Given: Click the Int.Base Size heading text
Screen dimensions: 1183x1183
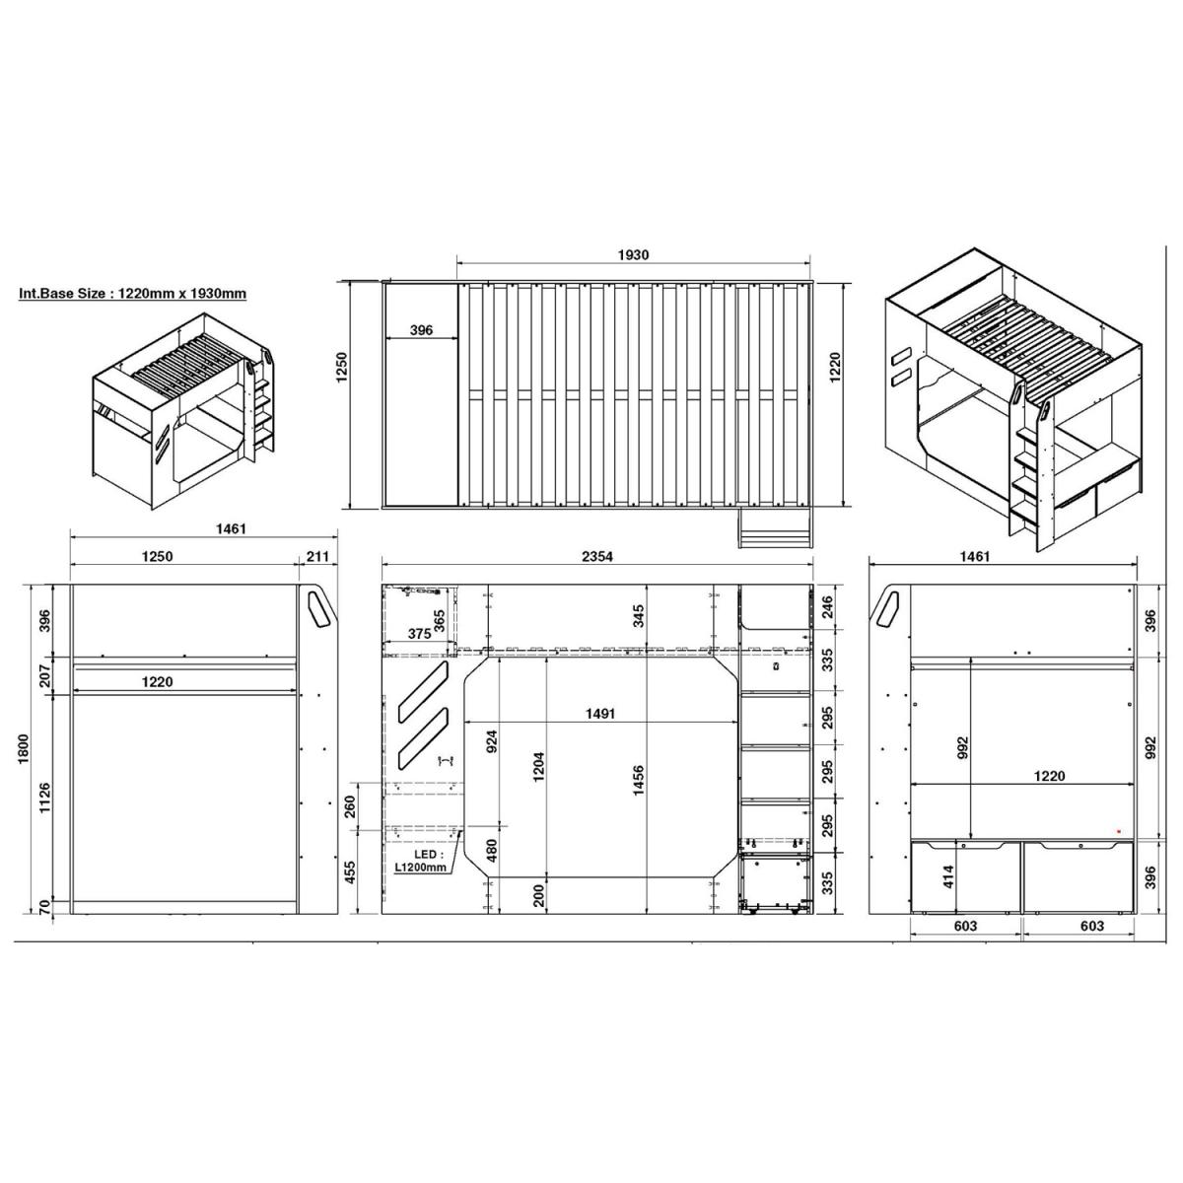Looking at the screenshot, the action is [133, 294].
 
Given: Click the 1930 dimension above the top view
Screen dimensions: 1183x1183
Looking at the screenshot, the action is [633, 254].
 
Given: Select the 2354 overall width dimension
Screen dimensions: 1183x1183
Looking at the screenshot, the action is [597, 556].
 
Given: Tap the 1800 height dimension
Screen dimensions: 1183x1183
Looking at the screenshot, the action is [24, 748].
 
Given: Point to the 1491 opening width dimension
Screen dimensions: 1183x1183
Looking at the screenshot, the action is [599, 714].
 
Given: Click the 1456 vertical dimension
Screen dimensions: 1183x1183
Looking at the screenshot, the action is [639, 780].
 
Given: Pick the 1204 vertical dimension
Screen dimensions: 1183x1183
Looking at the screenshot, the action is [539, 767].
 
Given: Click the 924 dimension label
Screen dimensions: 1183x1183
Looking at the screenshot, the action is [492, 741].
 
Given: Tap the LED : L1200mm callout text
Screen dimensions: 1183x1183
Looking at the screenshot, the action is [421, 861].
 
